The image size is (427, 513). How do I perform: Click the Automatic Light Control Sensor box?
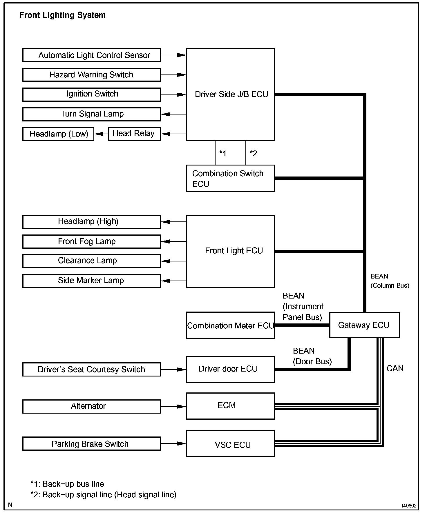click(x=91, y=55)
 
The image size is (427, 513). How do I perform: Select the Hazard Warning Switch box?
click(x=91, y=75)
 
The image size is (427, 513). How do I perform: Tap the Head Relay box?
click(x=134, y=134)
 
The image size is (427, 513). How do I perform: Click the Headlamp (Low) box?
click(x=58, y=134)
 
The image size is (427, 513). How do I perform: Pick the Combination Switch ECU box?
click(x=230, y=178)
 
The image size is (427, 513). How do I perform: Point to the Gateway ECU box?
click(x=364, y=325)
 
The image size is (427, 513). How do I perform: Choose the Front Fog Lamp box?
click(x=91, y=241)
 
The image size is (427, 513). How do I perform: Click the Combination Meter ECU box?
click(x=230, y=325)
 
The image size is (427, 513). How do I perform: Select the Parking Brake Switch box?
click(x=91, y=444)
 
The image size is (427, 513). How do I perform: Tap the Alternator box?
click(x=91, y=406)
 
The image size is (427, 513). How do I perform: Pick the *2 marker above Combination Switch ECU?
click(x=253, y=153)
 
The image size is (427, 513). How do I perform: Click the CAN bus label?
click(x=395, y=368)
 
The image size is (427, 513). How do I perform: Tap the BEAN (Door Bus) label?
click(x=312, y=356)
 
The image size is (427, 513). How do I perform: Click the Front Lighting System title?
click(x=62, y=15)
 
